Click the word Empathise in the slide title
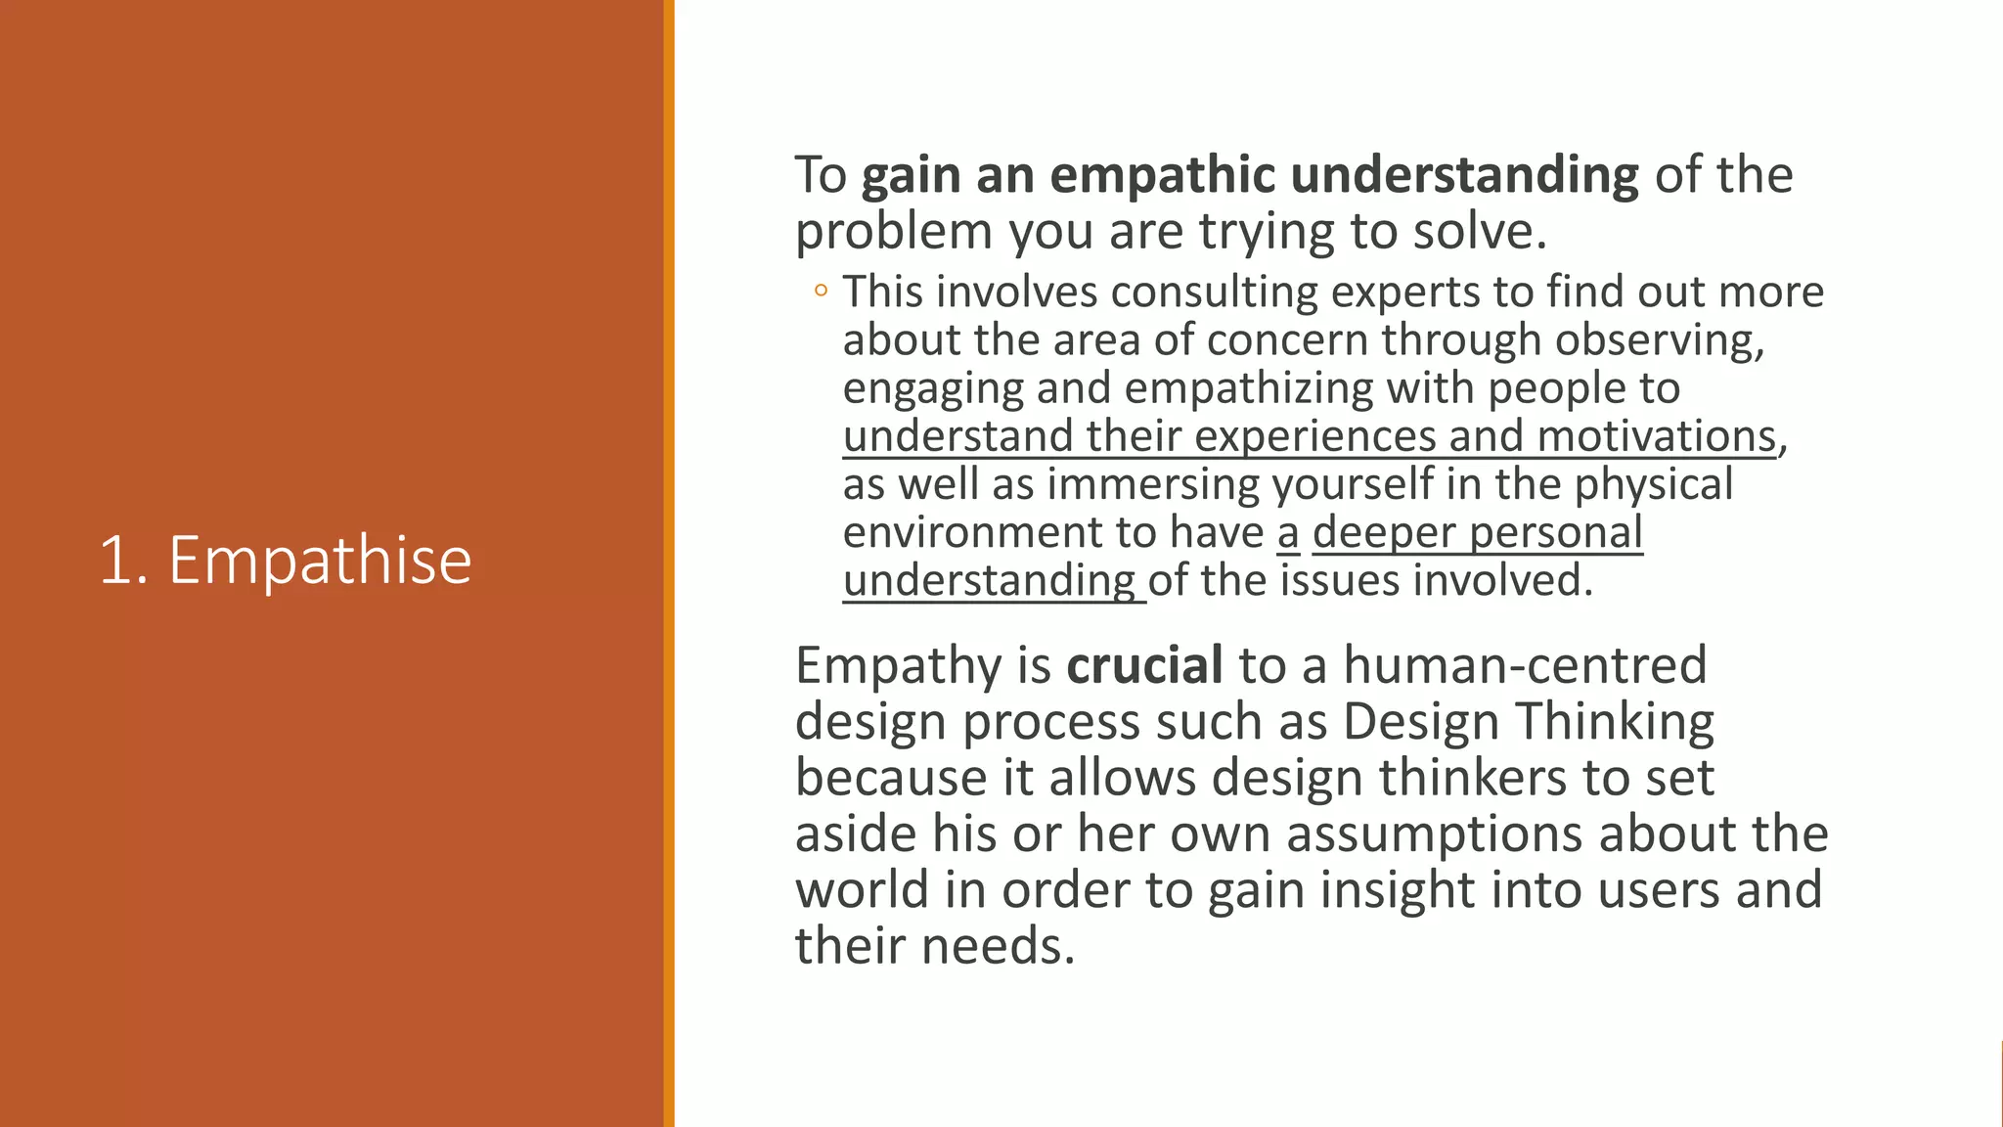pos(320,562)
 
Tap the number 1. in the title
pos(123,562)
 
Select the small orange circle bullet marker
pos(821,290)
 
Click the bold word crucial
pos(1144,665)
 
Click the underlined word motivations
pos(1656,436)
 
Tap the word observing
pos(1660,340)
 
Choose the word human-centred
pos(1525,665)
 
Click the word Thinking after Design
pos(1615,722)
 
